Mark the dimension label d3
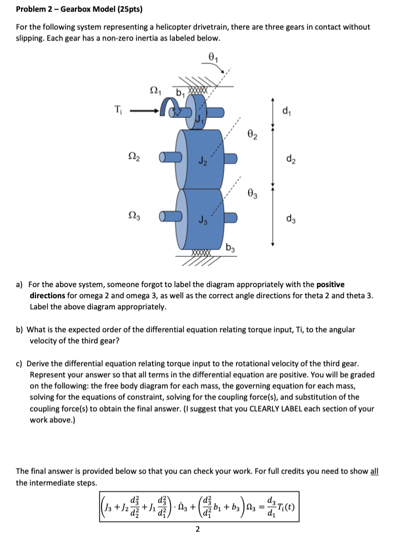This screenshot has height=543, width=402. point(285,219)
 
